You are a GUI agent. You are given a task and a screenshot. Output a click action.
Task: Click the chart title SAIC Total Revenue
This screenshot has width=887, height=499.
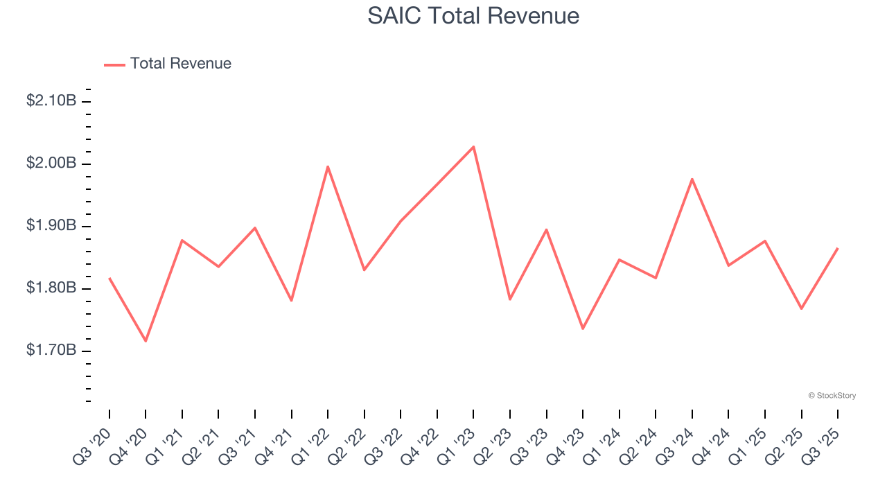click(x=473, y=16)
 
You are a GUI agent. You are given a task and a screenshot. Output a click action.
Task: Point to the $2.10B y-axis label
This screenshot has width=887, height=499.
click(x=51, y=101)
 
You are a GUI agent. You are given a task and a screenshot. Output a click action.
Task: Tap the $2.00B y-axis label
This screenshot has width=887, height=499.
click(x=51, y=164)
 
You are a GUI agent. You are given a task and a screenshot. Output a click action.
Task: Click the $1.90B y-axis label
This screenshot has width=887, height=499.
click(x=51, y=226)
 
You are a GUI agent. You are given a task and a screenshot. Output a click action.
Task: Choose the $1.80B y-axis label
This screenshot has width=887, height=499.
click(x=51, y=288)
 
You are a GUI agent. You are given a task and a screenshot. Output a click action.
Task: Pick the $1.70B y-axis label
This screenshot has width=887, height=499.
click(x=51, y=351)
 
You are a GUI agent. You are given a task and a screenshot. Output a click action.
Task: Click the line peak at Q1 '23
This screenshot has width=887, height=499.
click(x=473, y=146)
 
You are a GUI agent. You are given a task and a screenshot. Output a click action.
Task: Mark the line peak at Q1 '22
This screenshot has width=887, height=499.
click(x=328, y=166)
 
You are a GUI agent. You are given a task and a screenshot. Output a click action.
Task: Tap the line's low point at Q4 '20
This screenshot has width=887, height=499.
click(x=146, y=341)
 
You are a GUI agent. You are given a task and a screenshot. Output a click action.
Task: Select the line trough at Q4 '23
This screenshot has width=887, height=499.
click(x=583, y=329)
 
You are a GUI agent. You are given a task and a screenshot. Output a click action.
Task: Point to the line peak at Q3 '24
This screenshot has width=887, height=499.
click(x=692, y=179)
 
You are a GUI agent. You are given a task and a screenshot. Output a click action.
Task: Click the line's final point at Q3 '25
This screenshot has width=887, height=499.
click(x=838, y=248)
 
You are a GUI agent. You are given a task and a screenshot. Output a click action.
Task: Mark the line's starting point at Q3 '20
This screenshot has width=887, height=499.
click(x=109, y=278)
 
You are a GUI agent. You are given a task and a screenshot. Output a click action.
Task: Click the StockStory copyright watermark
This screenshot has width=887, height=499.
click(x=832, y=396)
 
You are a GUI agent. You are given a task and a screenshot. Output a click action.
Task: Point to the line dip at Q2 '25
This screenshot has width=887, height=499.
click(x=802, y=308)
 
